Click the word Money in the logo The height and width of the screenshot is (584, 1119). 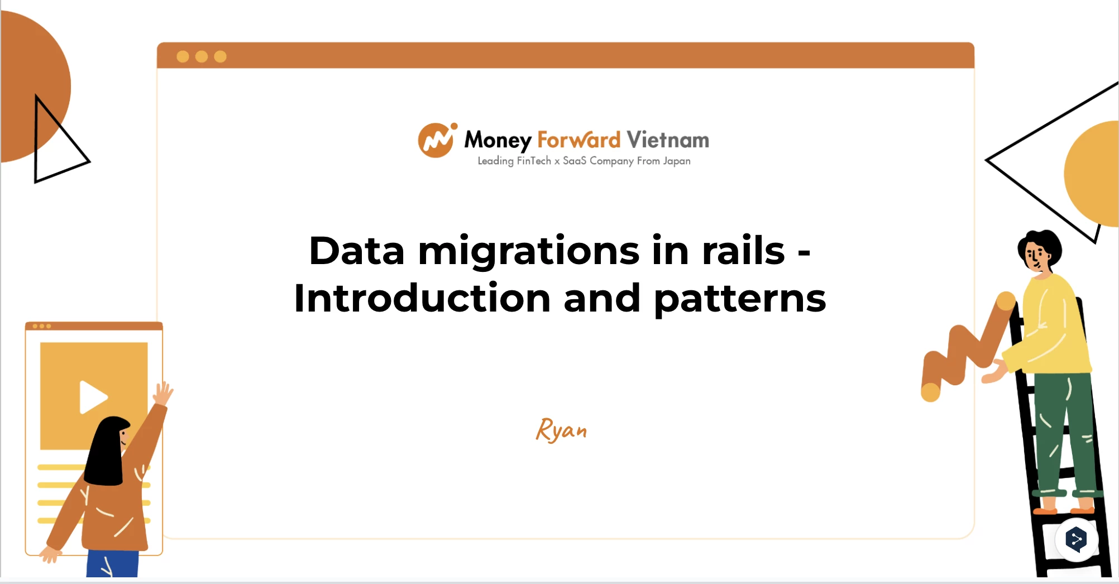(498, 140)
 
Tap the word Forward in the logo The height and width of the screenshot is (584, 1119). (578, 140)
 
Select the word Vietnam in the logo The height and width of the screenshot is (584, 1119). (668, 140)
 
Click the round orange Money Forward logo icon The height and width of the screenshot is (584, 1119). (437, 140)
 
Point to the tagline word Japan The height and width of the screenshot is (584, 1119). (677, 161)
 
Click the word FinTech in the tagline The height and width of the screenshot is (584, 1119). (534, 161)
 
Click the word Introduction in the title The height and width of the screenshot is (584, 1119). (422, 298)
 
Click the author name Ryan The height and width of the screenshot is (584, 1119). (561, 430)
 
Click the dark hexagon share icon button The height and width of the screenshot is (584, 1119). (1076, 539)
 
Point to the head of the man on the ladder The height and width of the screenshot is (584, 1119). (1039, 251)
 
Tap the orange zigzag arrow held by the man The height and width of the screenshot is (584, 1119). (966, 349)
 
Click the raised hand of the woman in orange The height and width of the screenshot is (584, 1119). (163, 394)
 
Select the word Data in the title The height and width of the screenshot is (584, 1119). (357, 251)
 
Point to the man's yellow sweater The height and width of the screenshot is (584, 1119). (1049, 327)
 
